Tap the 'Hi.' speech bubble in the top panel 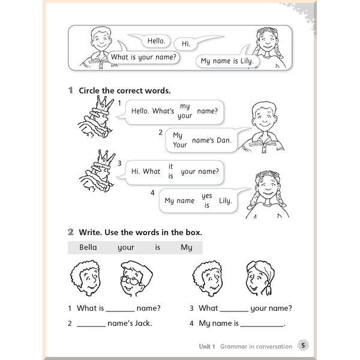(185, 44)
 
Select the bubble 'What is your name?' (143, 58)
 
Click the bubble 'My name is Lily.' (227, 61)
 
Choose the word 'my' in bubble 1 (185, 106)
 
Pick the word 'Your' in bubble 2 (180, 145)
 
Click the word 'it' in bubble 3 (170, 166)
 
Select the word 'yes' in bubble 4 (207, 196)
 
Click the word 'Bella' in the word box (88, 247)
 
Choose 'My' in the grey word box (187, 247)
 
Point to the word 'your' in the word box (126, 247)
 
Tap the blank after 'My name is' (262, 325)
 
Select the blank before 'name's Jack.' (91, 325)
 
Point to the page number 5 (303, 346)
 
